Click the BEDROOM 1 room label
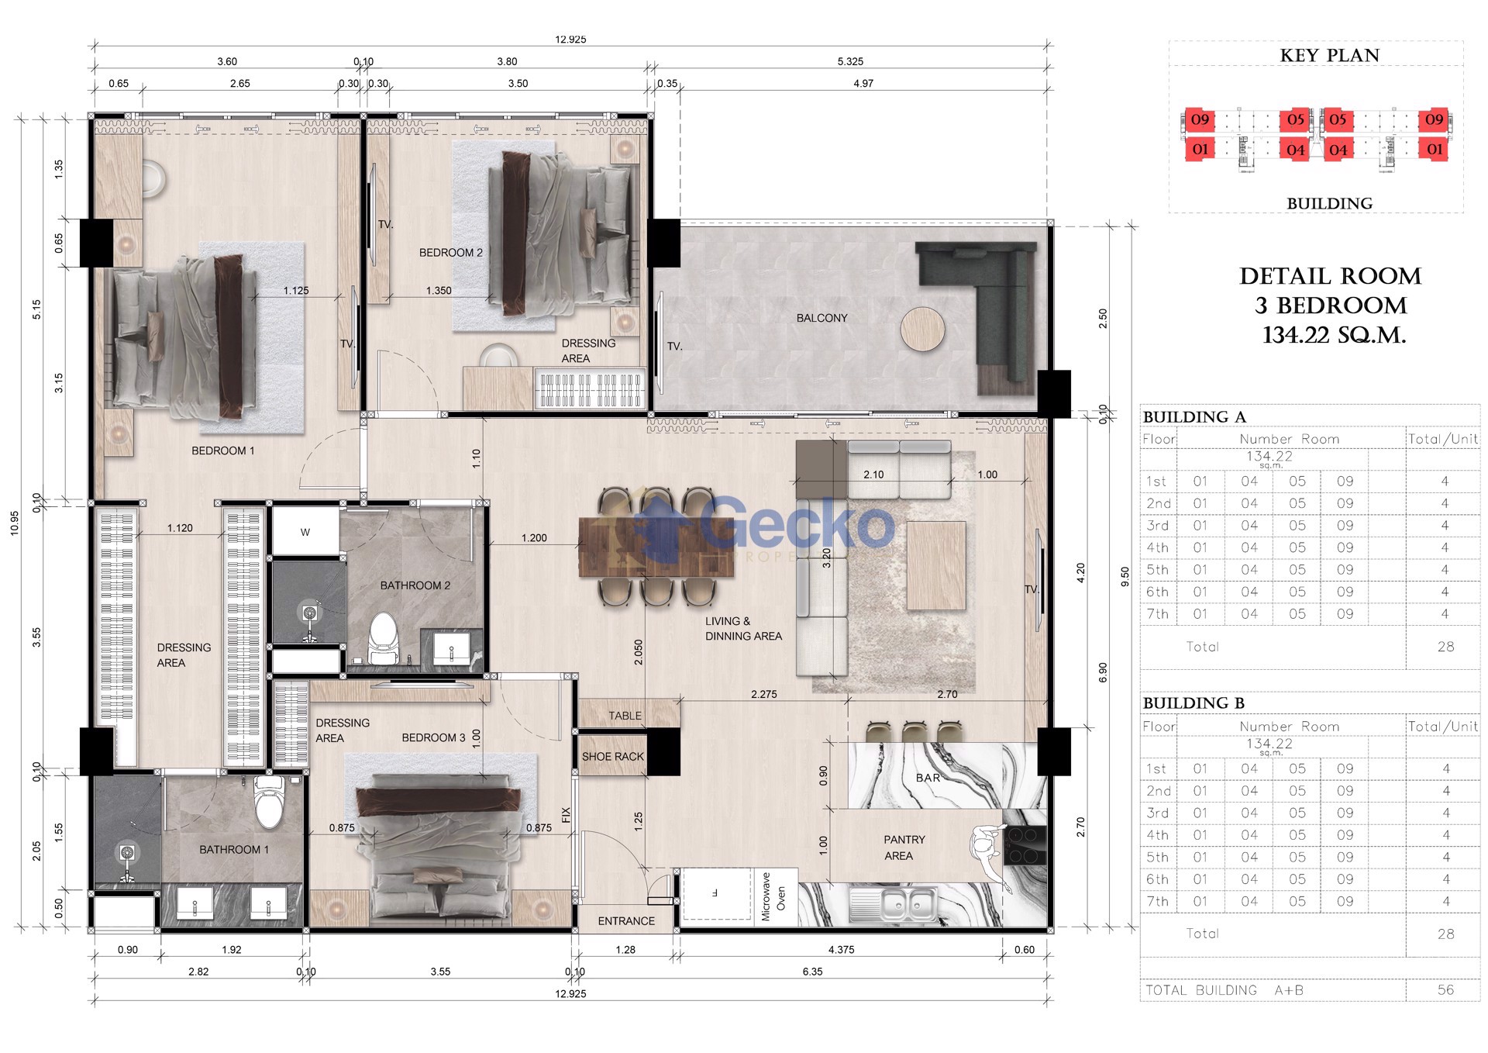coord(222,451)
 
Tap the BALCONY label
coord(821,318)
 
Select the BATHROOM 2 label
coord(415,585)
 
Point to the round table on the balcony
coord(922,330)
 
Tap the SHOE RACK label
coord(613,757)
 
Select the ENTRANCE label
coord(626,921)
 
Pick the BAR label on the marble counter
coord(928,778)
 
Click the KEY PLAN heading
coord(1330,56)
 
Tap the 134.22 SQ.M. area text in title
coord(1334,335)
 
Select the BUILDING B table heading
coord(1193,703)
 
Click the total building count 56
coord(1445,990)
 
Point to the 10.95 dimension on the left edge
coord(15,523)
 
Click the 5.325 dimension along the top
coord(850,61)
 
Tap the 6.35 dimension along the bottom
coord(812,972)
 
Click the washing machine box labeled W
coord(305,531)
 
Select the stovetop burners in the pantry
coord(1025,845)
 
